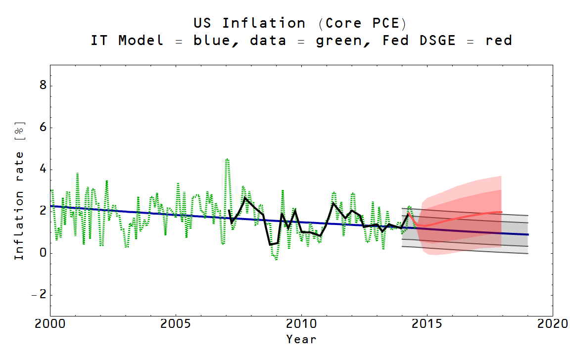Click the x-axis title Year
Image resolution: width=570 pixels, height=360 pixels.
point(301,339)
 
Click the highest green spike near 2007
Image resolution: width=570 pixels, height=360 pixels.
point(227,159)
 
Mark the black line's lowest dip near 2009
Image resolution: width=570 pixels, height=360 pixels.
point(270,244)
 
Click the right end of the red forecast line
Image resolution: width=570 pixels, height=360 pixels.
point(501,212)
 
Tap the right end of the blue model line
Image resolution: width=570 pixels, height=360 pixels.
point(528,234)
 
